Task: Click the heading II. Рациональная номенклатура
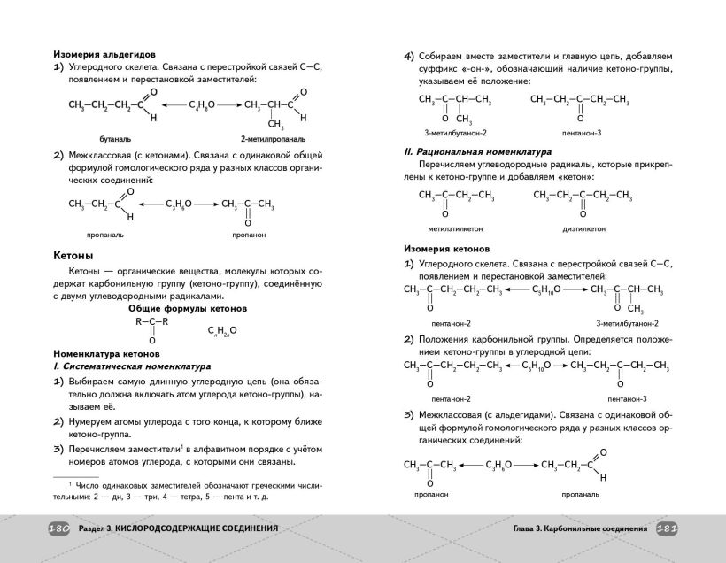(476, 151)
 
